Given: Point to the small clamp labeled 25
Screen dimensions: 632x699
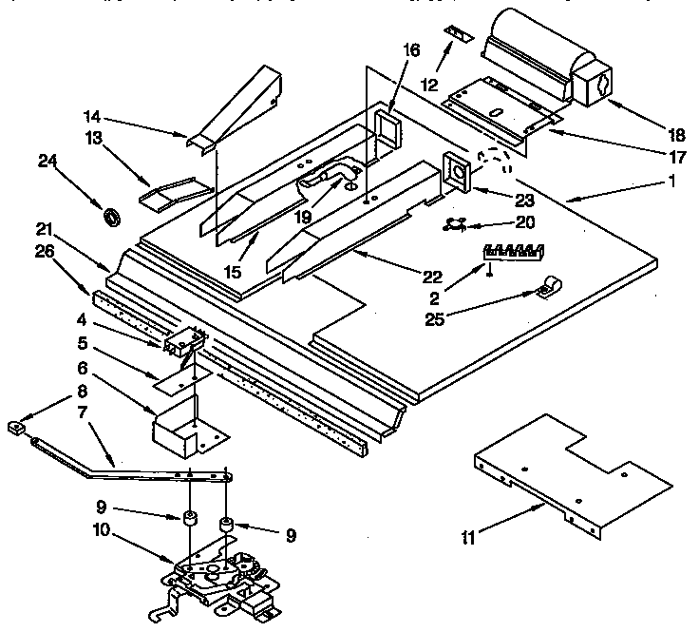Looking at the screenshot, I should (x=548, y=284).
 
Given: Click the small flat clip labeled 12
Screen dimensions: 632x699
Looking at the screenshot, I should (x=460, y=35).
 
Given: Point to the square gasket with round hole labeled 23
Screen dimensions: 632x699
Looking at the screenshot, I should (x=459, y=173).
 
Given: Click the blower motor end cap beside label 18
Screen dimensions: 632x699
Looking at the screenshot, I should (x=594, y=86).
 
